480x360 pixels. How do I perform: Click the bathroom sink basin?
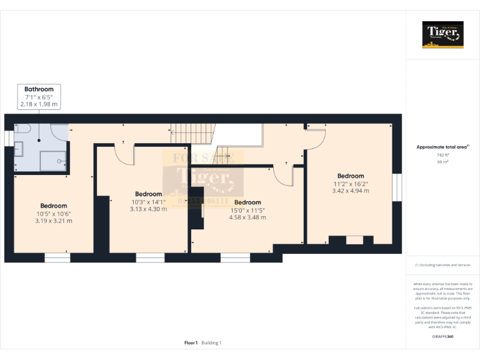coord(19,149)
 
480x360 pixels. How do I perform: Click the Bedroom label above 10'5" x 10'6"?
coord(54,206)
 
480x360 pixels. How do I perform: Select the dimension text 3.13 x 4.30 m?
coord(148,209)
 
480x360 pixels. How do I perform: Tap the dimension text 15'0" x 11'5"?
coord(247,210)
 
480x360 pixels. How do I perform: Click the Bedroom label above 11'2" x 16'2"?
coord(350,176)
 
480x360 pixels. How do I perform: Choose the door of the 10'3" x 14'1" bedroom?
coord(125,154)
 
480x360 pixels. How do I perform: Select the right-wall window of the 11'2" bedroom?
coord(396,187)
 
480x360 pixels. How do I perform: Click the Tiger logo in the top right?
coord(442,34)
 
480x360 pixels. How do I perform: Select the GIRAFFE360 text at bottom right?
coord(442,337)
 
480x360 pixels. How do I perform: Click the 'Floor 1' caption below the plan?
coord(191,342)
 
